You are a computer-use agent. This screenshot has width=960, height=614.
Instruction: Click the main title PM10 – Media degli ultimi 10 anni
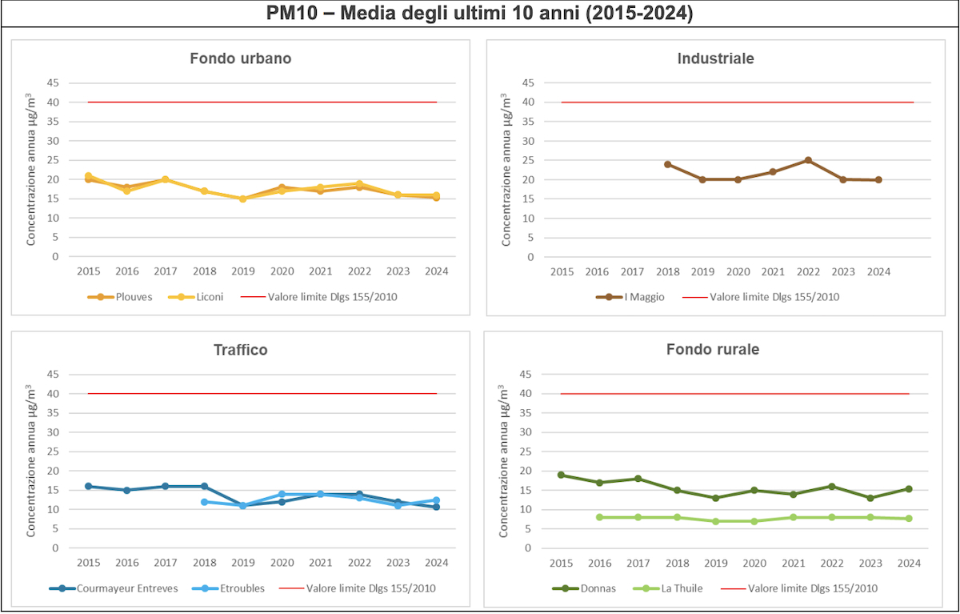pos(480,14)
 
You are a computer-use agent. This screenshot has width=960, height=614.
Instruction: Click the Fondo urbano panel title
pos(240,58)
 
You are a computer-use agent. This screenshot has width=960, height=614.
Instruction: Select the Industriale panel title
pos(715,58)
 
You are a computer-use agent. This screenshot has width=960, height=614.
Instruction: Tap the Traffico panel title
pos(240,350)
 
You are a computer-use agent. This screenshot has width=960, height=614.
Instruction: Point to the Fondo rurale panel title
pos(712,350)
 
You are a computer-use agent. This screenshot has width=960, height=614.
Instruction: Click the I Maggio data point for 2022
pos(808,160)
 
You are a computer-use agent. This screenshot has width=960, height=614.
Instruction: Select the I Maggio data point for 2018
pos(667,164)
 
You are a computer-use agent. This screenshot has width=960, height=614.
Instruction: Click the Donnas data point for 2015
pos(562,475)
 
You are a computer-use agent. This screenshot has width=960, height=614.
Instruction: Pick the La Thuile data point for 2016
pos(599,517)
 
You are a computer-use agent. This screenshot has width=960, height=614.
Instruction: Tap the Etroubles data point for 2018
pos(205,502)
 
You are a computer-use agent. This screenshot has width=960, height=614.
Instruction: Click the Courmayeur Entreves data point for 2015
pos(88,486)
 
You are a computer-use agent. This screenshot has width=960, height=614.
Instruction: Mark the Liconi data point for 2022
pos(359,184)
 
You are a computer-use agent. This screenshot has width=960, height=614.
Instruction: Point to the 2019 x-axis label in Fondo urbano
pos(243,271)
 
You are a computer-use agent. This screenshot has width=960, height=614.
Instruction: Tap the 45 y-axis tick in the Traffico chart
pos(53,374)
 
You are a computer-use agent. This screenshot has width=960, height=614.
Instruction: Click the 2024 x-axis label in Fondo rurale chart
pos(907,563)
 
